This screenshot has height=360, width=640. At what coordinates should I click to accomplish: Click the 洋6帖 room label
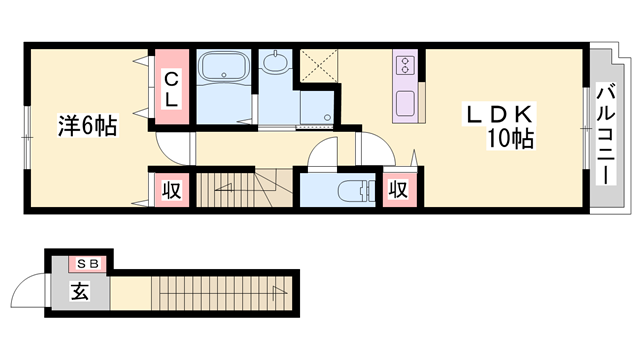[x=88, y=126]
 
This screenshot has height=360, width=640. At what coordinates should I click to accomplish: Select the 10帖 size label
[x=508, y=140]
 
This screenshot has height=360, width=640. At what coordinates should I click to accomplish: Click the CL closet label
[x=171, y=88]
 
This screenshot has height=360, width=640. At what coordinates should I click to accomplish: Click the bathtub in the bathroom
[x=226, y=69]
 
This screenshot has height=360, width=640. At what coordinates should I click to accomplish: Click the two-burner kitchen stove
[x=406, y=66]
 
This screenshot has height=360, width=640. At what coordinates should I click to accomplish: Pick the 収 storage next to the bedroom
[x=171, y=188]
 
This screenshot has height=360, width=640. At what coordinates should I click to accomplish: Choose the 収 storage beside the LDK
[x=397, y=188]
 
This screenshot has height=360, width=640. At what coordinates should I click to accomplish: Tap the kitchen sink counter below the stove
[x=406, y=103]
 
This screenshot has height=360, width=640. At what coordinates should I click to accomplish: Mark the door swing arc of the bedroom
[x=172, y=148]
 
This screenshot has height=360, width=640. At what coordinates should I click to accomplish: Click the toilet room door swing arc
[x=324, y=155]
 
